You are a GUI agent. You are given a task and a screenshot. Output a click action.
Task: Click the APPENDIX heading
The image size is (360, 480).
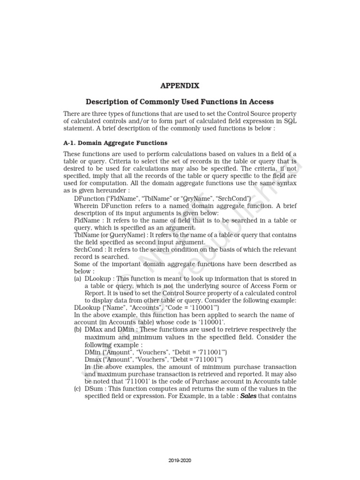(x=180, y=86)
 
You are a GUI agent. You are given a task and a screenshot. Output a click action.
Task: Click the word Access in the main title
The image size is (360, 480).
(x=262, y=102)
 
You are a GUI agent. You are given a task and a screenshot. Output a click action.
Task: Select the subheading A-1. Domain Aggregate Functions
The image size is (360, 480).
(x=115, y=142)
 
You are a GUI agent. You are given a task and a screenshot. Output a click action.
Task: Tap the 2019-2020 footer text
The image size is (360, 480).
(x=180, y=460)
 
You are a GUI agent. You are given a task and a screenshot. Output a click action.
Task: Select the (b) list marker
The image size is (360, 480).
(x=78, y=330)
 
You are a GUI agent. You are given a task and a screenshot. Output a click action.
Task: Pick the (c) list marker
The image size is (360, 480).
(x=78, y=389)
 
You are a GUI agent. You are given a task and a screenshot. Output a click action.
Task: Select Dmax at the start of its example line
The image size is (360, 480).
(x=93, y=360)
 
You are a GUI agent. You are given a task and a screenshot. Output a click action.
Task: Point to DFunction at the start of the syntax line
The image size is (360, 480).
(x=90, y=198)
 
